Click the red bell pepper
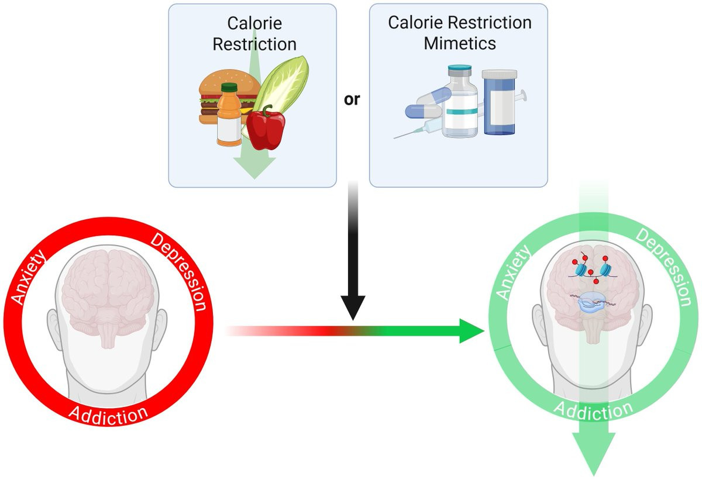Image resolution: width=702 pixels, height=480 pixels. coord(266,127)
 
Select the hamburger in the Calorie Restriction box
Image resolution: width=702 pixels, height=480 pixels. coord(211,99)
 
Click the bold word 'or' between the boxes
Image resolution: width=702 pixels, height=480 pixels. coord(352,99)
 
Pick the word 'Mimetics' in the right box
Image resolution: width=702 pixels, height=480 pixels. coord(460,43)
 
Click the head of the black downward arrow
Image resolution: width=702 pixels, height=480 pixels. coord(353,308)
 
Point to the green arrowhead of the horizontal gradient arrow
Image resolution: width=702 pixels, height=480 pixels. coord(472,331)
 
